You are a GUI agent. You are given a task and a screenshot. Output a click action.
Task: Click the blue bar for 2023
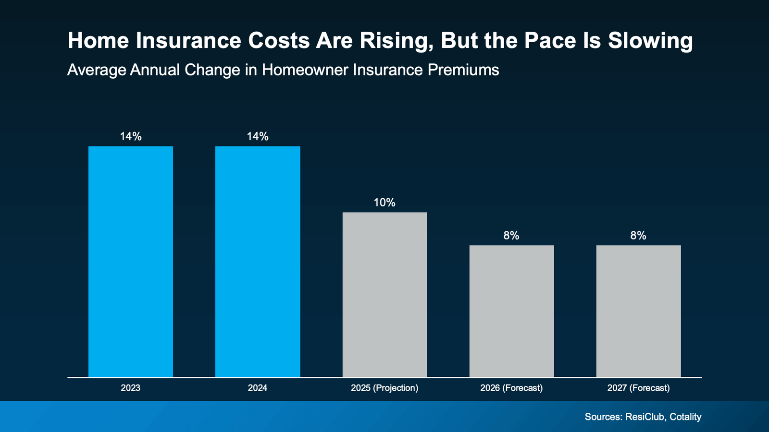point(130,262)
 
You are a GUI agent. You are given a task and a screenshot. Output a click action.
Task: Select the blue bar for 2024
point(258,262)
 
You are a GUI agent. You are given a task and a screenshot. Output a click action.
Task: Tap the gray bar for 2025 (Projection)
point(384,295)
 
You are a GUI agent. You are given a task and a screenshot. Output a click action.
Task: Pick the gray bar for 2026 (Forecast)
point(511,311)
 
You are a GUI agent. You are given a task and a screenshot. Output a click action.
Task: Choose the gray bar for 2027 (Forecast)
point(638,311)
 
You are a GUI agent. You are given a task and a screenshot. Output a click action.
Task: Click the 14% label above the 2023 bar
point(131,137)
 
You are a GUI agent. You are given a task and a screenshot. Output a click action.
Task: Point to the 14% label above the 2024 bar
point(258,137)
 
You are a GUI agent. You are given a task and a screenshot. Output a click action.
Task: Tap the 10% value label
point(384,203)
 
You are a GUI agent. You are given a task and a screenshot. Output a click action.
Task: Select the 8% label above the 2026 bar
point(511,236)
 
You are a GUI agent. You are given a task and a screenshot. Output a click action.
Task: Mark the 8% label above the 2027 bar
point(638,236)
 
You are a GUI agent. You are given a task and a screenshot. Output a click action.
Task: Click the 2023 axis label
point(130,388)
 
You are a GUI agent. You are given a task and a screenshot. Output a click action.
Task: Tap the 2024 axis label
point(258,388)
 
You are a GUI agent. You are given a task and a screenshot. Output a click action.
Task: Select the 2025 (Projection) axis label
point(384,388)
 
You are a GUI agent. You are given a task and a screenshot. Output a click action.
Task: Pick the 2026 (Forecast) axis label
point(511,388)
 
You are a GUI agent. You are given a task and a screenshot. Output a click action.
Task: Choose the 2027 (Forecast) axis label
point(638,388)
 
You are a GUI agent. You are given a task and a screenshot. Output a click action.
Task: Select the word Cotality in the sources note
point(685,417)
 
